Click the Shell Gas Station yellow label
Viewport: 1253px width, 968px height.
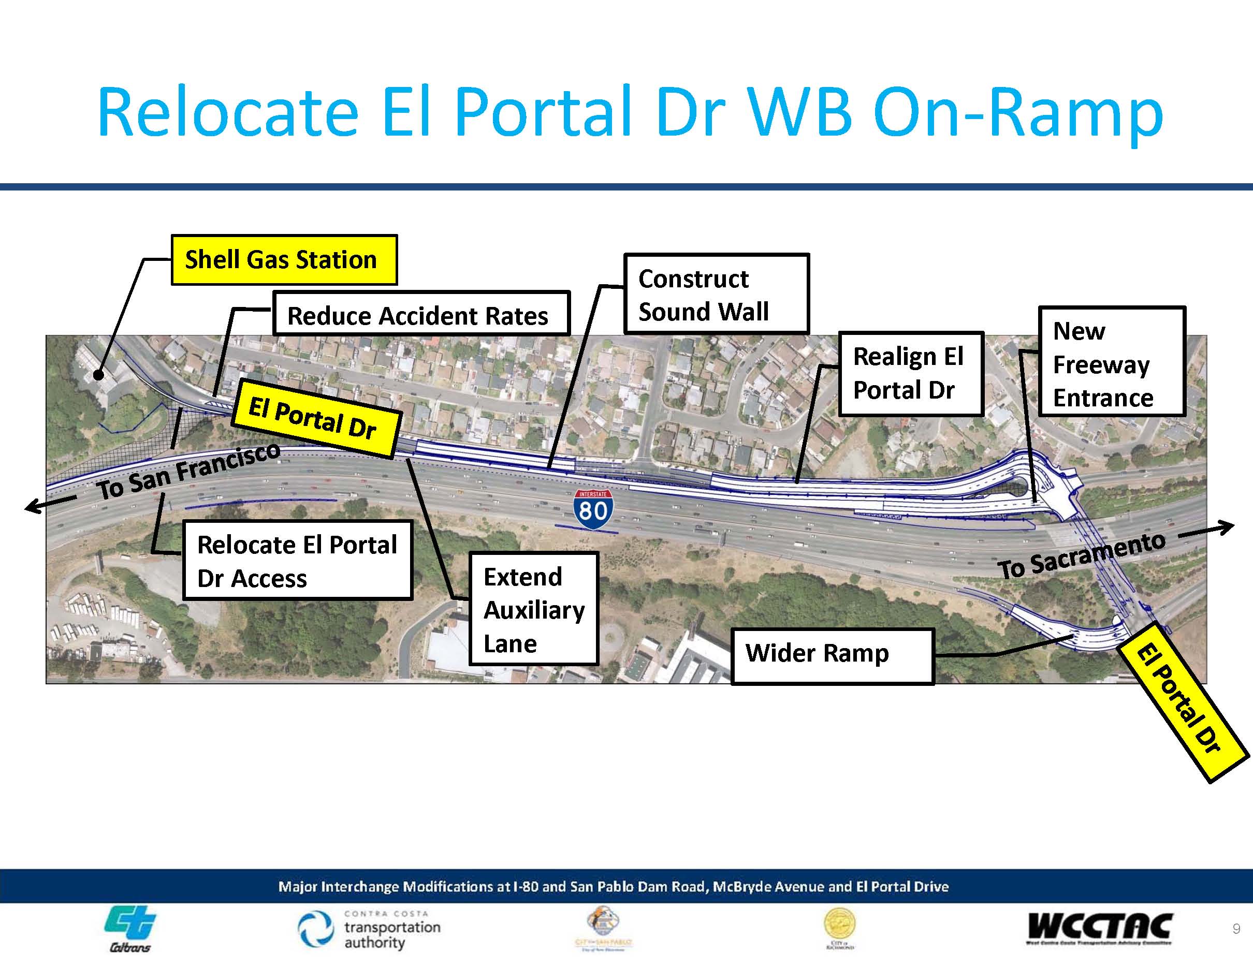(284, 260)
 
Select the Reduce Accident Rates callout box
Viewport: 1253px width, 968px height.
(420, 314)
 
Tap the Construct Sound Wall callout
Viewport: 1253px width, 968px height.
(716, 294)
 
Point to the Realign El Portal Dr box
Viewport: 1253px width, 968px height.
(910, 373)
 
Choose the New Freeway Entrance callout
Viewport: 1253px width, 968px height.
(1111, 361)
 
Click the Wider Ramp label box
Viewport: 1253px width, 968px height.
(833, 655)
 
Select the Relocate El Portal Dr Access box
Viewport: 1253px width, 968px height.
(297, 560)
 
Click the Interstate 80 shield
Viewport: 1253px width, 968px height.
(593, 508)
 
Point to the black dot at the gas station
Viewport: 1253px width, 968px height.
(99, 376)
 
